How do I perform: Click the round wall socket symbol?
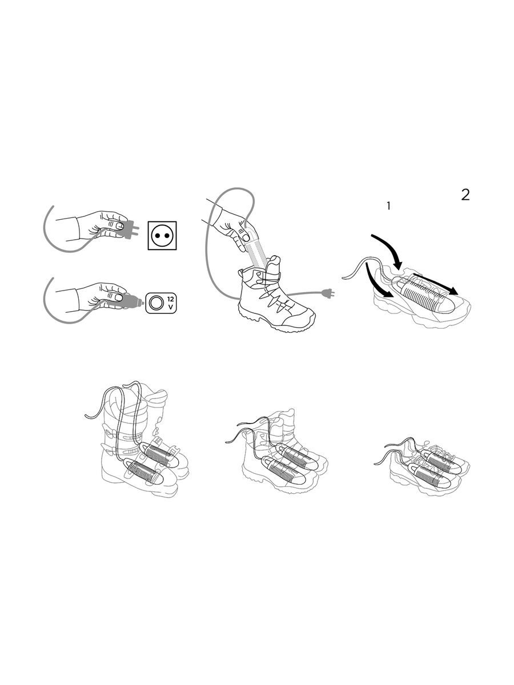click(x=162, y=236)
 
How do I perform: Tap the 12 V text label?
click(x=170, y=303)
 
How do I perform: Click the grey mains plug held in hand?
click(x=127, y=229)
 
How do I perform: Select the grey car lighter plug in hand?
click(x=125, y=301)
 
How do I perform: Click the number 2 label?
click(x=465, y=195)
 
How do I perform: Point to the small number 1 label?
click(x=388, y=206)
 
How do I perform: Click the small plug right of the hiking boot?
click(x=328, y=293)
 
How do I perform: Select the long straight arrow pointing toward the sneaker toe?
click(x=435, y=284)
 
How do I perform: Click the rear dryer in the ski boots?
click(x=159, y=454)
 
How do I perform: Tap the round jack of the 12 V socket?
click(x=155, y=303)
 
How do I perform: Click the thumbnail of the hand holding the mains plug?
click(x=119, y=226)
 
